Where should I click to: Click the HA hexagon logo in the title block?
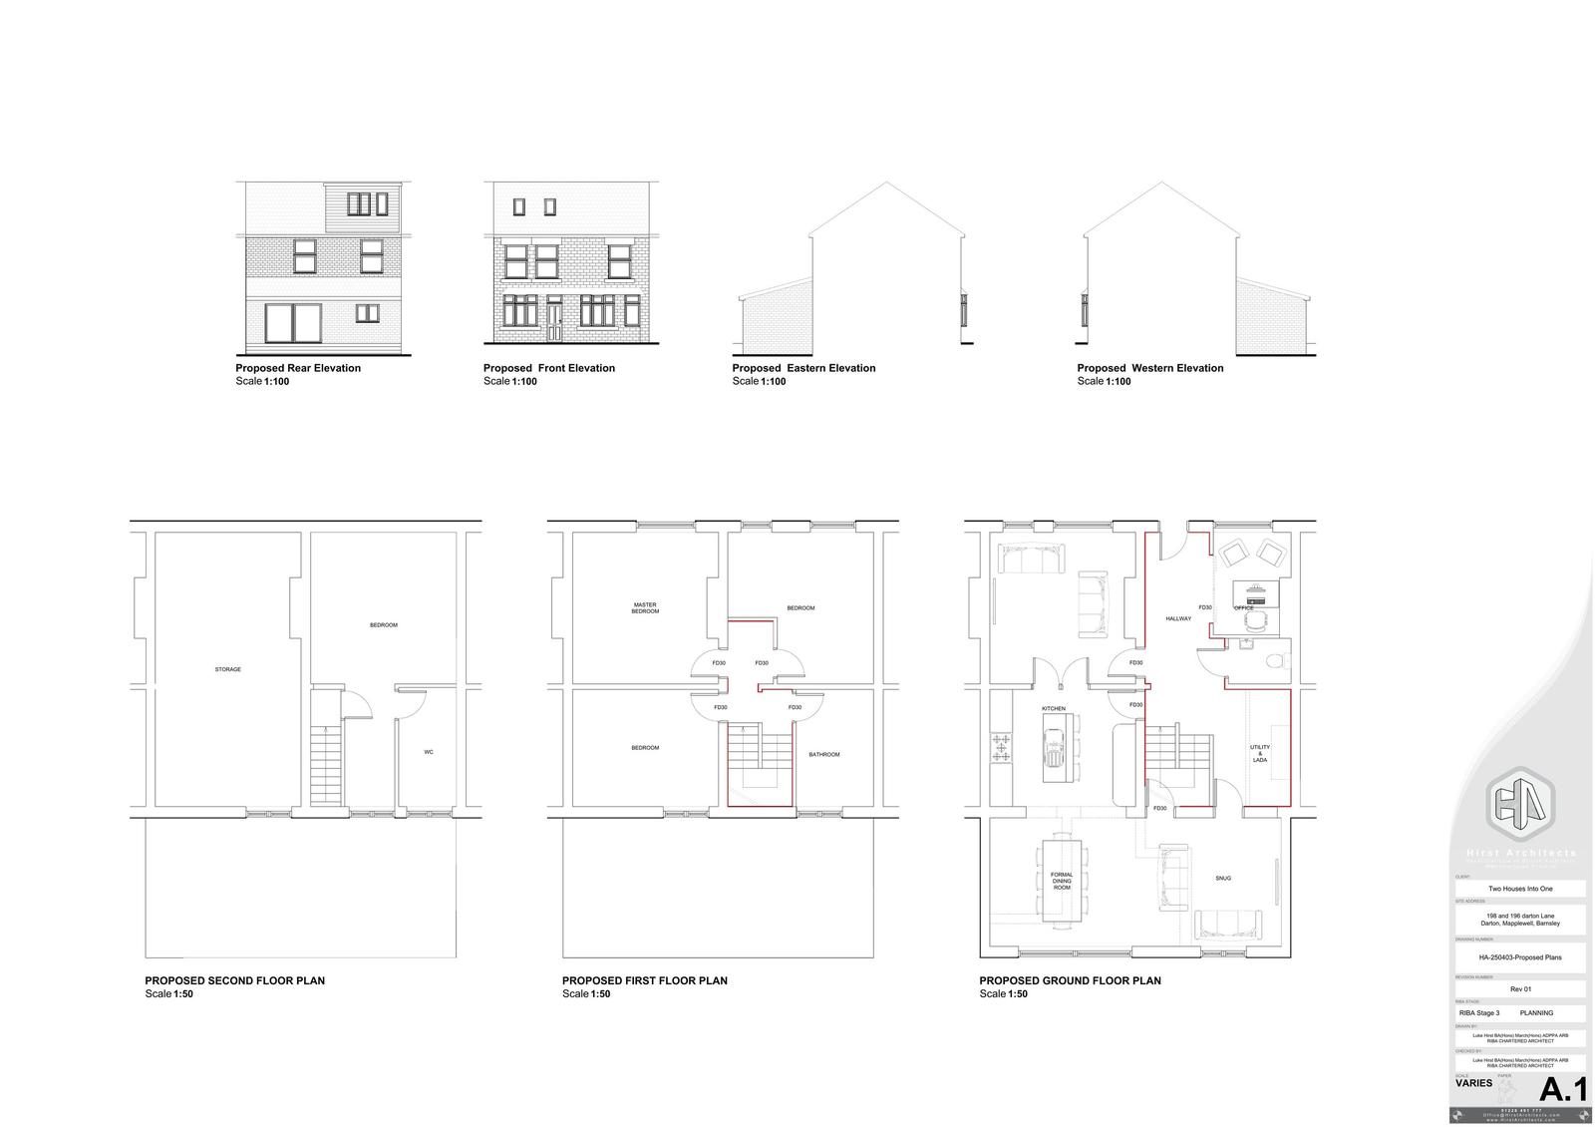click(x=1520, y=804)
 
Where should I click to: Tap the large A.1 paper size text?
click(x=1563, y=1089)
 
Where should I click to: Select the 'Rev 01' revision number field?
click(x=1520, y=989)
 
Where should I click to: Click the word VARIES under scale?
click(x=1474, y=1083)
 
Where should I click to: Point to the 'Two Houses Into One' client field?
click(x=1520, y=889)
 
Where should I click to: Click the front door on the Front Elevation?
click(x=553, y=318)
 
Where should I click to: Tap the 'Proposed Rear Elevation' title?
click(x=298, y=368)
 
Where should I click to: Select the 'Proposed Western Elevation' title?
click(x=1149, y=368)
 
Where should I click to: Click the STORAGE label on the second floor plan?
click(x=228, y=669)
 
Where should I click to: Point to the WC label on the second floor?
click(x=429, y=752)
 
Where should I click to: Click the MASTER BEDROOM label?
click(x=645, y=607)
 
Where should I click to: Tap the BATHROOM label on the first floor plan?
click(x=823, y=754)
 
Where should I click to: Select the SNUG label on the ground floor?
click(x=1223, y=879)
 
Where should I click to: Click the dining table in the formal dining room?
click(x=1062, y=881)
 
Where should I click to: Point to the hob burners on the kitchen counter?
click(x=1001, y=747)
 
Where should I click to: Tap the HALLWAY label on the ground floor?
click(x=1178, y=618)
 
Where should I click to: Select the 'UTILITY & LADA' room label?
click(x=1260, y=753)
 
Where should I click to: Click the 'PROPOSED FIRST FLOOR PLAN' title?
click(x=644, y=980)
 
